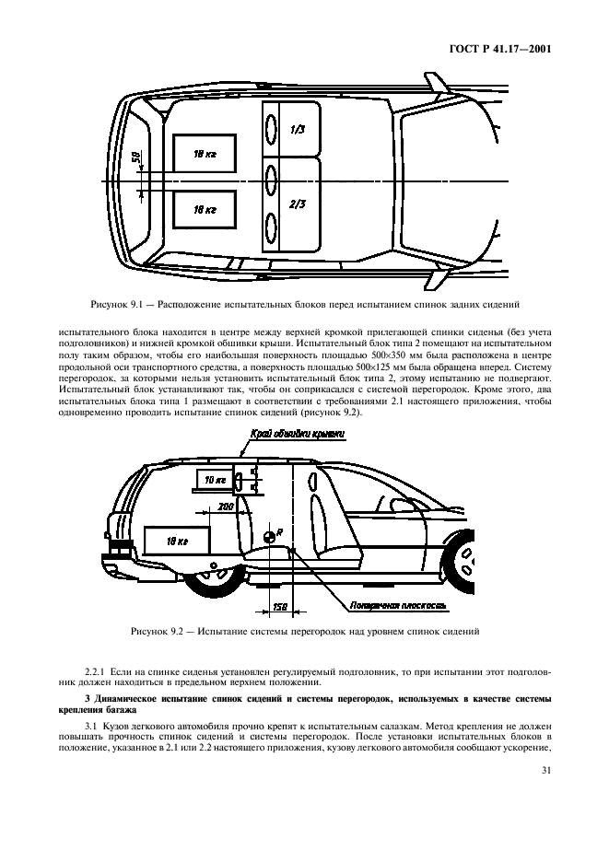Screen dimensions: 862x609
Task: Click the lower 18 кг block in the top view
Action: pyautogui.click(x=205, y=210)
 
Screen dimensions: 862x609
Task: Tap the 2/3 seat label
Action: pyautogui.click(x=297, y=204)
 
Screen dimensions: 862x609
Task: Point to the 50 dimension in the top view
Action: pyautogui.click(x=135, y=157)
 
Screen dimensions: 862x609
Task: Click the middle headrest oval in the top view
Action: pyautogui.click(x=271, y=180)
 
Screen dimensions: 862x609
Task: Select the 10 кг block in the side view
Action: pyautogui.click(x=214, y=480)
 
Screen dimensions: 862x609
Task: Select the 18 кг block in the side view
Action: pyautogui.click(x=175, y=542)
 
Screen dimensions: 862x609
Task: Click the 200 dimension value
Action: pyautogui.click(x=225, y=507)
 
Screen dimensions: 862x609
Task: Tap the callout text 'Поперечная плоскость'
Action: pyautogui.click(x=385, y=605)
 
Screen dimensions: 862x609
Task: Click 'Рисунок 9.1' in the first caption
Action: pyautogui.click(x=118, y=303)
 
